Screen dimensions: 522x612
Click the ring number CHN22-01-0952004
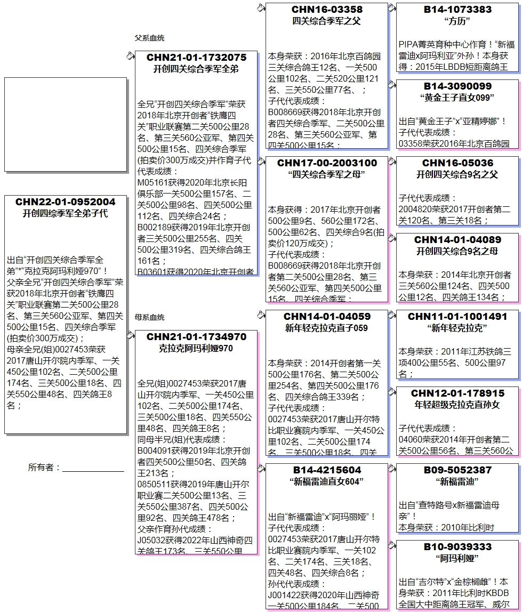[65, 202]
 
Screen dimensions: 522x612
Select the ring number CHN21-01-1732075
[196, 58]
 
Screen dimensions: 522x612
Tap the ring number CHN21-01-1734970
[196, 337]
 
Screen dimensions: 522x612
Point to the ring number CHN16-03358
[327, 10]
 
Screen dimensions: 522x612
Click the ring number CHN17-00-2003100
[327, 163]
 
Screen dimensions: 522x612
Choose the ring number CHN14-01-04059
[327, 317]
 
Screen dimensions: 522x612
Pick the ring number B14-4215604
[327, 470]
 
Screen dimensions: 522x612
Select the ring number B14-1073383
[457, 10]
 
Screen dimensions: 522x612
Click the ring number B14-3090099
[457, 86]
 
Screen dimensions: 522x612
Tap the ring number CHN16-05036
[457, 163]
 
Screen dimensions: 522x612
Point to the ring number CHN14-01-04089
[457, 240]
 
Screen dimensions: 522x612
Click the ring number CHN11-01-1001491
[457, 317]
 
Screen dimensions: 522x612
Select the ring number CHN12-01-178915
[457, 393]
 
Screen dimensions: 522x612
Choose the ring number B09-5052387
[457, 470]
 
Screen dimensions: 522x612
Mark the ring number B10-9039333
[457, 547]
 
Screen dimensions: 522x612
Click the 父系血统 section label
[149, 38]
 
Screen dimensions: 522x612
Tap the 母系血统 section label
[149, 317]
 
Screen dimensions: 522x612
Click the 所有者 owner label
[44, 468]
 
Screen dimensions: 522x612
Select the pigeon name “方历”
[457, 22]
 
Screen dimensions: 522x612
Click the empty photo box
[65, 124]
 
